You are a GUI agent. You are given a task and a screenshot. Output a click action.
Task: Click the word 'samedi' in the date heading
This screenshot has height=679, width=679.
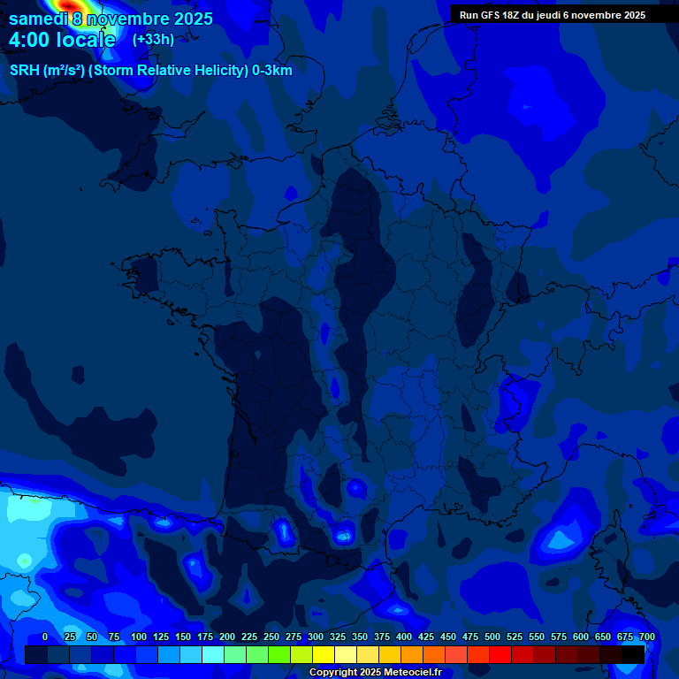tap(39, 19)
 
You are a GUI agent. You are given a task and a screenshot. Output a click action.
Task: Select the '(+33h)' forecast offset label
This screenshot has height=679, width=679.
tap(153, 39)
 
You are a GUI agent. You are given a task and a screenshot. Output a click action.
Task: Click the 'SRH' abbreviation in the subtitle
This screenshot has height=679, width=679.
tap(25, 71)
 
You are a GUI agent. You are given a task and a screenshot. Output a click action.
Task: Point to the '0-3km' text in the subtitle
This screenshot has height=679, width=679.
tap(272, 71)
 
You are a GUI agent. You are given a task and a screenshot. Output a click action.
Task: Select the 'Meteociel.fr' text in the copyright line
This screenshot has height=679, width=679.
tap(414, 673)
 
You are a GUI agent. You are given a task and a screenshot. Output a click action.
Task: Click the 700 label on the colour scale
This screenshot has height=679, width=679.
tap(646, 637)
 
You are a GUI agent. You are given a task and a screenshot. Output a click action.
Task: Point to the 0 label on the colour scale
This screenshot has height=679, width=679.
tap(45, 637)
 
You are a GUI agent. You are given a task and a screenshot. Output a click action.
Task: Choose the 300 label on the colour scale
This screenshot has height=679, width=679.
tap(316, 637)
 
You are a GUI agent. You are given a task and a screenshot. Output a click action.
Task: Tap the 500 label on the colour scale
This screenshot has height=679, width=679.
tap(492, 637)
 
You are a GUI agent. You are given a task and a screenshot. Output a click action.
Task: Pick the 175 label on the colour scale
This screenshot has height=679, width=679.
tap(205, 637)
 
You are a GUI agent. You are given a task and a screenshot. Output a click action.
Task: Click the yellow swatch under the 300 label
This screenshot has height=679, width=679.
tap(324, 654)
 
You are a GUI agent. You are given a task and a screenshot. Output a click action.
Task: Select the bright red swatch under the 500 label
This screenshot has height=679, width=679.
tap(500, 654)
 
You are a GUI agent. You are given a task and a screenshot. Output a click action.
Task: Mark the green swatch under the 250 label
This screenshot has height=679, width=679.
tap(279, 654)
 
